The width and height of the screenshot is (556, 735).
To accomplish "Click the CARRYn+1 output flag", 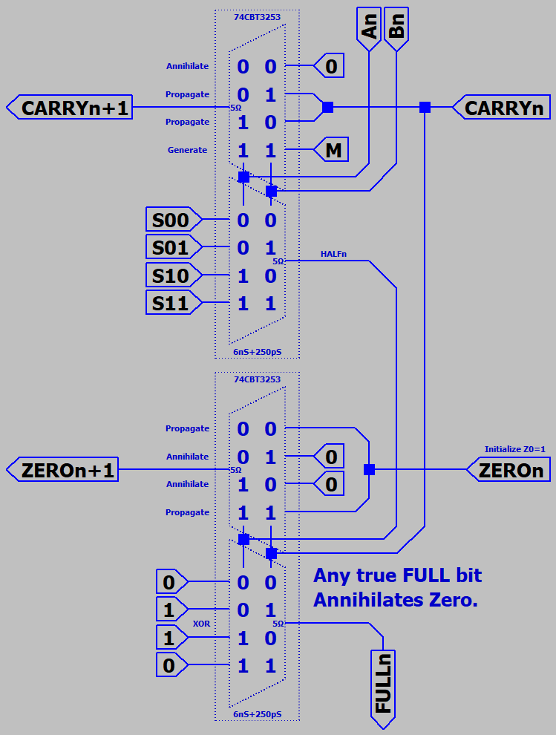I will point(70,108).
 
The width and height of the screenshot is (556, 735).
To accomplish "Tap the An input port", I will point(369,28).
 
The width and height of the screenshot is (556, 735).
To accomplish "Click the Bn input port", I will point(396,28).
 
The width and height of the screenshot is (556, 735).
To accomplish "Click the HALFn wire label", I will point(334,254).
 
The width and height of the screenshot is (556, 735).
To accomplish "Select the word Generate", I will point(187,150).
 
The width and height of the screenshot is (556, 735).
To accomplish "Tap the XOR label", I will point(201,624).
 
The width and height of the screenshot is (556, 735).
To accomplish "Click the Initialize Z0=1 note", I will point(514,449).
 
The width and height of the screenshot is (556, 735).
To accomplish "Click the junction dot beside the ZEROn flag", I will point(369,470).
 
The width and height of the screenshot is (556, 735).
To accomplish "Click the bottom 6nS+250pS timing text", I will point(257,714).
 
